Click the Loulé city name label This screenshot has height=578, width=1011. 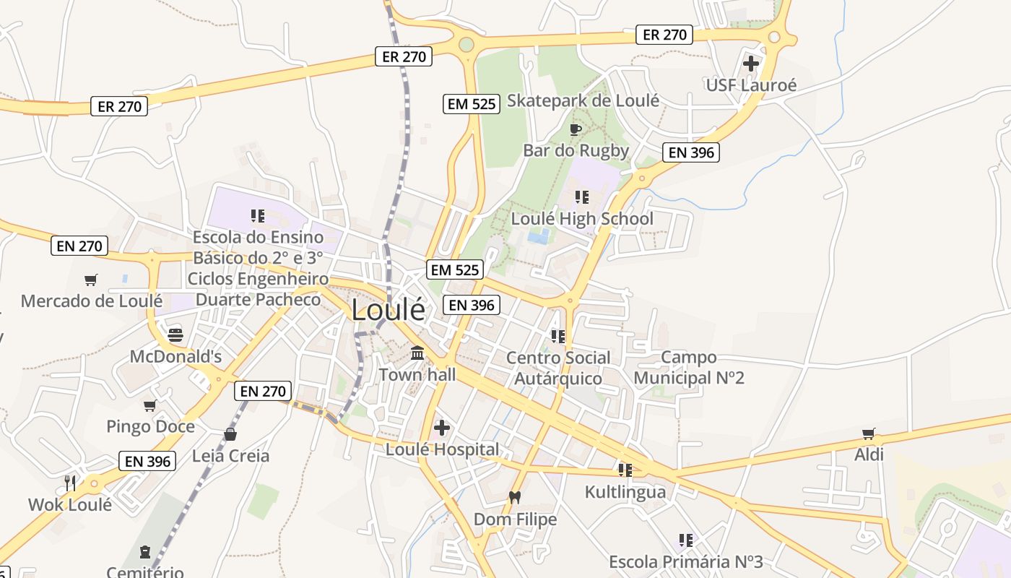(x=388, y=310)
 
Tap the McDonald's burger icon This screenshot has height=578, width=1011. (x=175, y=335)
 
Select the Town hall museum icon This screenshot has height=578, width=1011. (x=417, y=353)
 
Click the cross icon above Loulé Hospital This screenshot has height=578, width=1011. (x=442, y=428)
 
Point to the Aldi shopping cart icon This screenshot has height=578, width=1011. (x=869, y=433)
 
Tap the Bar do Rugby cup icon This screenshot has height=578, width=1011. (x=576, y=129)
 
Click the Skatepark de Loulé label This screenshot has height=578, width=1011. (x=583, y=100)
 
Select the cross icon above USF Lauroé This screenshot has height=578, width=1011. (x=751, y=64)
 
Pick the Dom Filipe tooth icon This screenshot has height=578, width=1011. (x=515, y=497)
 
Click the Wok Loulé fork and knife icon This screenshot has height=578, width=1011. (x=70, y=483)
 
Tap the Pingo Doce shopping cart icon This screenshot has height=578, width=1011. (x=150, y=405)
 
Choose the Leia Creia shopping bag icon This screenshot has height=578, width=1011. (x=230, y=434)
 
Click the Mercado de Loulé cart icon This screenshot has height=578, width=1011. (x=91, y=280)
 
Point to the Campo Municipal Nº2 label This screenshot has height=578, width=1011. (x=689, y=367)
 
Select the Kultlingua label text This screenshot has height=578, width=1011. (x=625, y=493)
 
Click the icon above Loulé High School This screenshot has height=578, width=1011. (x=582, y=197)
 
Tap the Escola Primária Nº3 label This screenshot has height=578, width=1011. (x=685, y=561)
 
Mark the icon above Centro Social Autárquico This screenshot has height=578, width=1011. (x=557, y=336)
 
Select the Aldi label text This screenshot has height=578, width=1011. (x=869, y=454)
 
